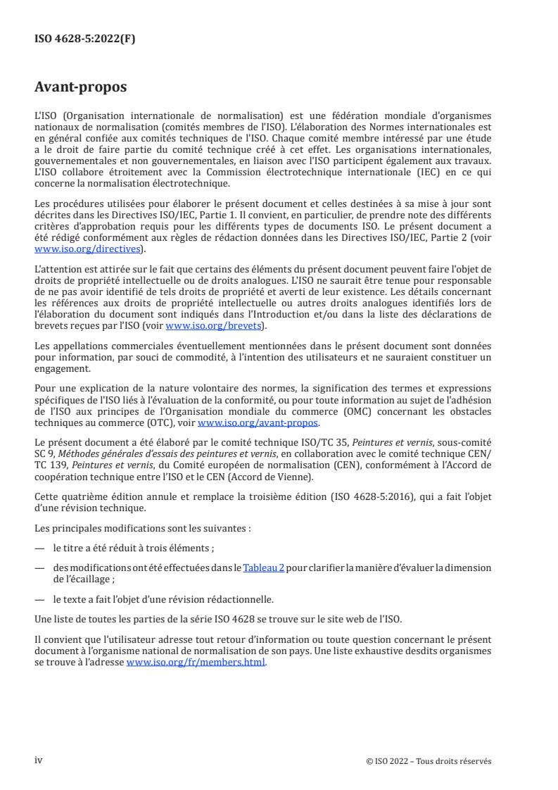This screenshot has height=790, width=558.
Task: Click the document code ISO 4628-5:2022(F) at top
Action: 84,39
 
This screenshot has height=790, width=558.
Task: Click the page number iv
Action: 39,760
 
